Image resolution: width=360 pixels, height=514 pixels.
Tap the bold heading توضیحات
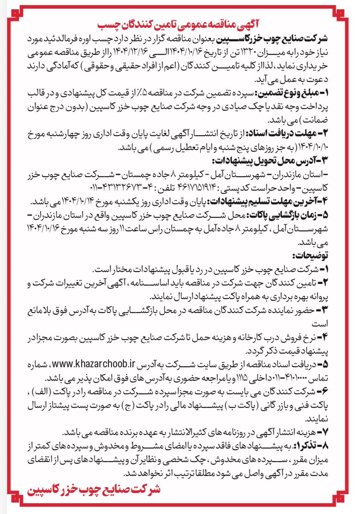point(311,255)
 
